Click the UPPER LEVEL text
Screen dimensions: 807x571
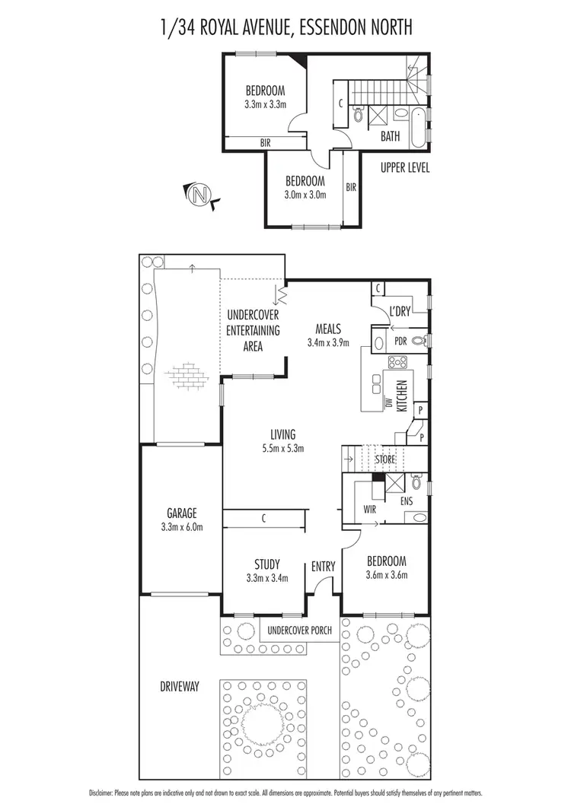pos(405,167)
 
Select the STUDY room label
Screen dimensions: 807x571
pos(266,564)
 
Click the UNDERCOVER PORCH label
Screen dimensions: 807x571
pos(298,631)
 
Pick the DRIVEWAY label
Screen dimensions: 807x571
pos(180,686)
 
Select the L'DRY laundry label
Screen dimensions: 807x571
pos(400,312)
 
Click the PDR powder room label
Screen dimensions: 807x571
pos(400,342)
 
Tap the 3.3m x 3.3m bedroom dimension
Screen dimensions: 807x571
pos(266,104)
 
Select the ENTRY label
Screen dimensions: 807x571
pos(324,566)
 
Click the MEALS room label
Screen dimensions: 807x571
pos(328,329)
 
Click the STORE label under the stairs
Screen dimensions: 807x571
pos(386,459)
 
